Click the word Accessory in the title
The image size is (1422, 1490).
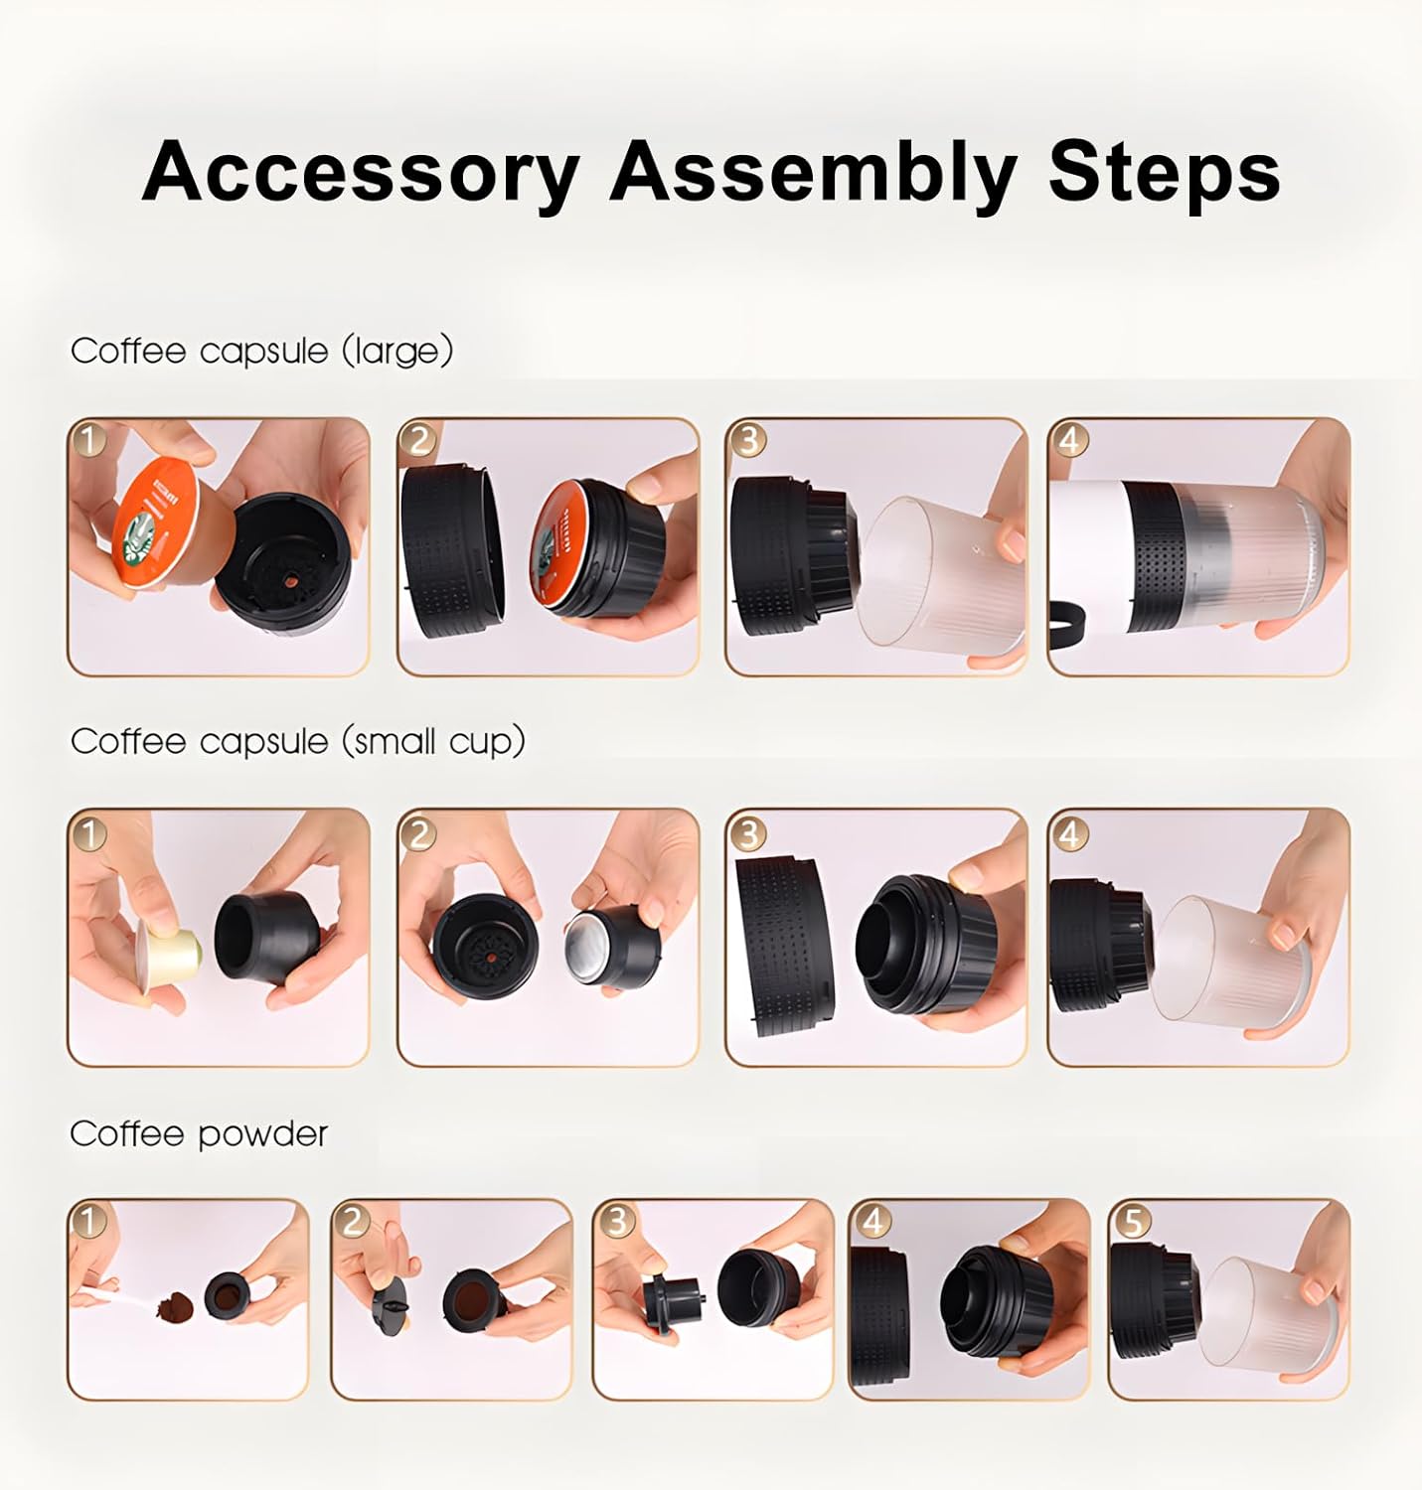click(x=360, y=172)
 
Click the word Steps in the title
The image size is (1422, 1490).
click(x=1164, y=172)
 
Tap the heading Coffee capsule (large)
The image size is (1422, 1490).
click(x=261, y=351)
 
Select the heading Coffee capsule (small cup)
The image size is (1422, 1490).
click(x=297, y=741)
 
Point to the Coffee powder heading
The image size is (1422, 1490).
click(x=199, y=1133)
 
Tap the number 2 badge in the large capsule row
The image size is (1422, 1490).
click(x=419, y=439)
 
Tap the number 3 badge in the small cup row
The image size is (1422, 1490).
click(x=747, y=832)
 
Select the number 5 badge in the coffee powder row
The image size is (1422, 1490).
click(x=1131, y=1221)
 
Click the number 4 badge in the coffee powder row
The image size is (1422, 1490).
click(x=871, y=1221)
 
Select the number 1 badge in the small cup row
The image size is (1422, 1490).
click(x=89, y=832)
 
